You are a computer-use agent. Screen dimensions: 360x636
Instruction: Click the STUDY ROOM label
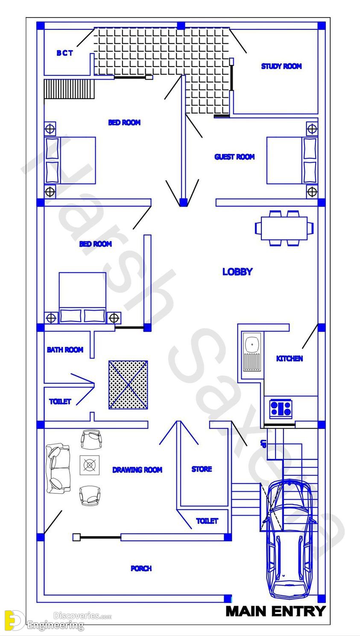pyautogui.click(x=281, y=66)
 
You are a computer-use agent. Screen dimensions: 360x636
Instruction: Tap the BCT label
pyautogui.click(x=65, y=53)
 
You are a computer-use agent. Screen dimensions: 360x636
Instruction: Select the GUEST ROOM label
pyautogui.click(x=234, y=157)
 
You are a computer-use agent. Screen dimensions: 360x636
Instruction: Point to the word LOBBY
pyautogui.click(x=237, y=272)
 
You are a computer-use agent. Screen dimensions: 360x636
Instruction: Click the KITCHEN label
pyautogui.click(x=290, y=359)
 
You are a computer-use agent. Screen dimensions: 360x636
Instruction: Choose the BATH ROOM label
pyautogui.click(x=65, y=350)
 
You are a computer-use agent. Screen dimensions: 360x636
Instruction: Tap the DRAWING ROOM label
pyautogui.click(x=137, y=470)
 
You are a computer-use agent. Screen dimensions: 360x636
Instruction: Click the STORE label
pyautogui.click(x=202, y=469)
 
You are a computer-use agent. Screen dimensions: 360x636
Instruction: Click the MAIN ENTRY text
pyautogui.click(x=275, y=611)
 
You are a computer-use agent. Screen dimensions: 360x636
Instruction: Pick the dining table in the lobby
pyautogui.click(x=284, y=228)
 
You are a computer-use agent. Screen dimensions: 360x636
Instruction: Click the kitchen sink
pyautogui.click(x=252, y=352)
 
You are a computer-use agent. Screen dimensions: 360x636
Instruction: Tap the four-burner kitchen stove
pyautogui.click(x=281, y=409)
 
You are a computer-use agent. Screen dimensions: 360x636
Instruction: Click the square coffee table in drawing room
pyautogui.click(x=90, y=465)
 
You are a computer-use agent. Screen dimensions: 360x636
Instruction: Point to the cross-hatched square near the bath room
pyautogui.click(x=128, y=385)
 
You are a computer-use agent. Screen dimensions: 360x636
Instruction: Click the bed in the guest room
pyautogui.click(x=292, y=160)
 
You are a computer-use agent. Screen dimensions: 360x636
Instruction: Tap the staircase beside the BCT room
pyautogui.click(x=69, y=89)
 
